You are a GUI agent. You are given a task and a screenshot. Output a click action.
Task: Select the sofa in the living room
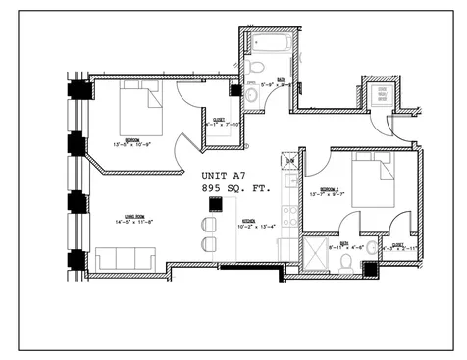click(x=126, y=259)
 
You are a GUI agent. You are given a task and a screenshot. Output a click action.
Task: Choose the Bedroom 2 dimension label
click(x=329, y=192)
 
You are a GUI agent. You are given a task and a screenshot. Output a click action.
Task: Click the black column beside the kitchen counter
click(x=213, y=203)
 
